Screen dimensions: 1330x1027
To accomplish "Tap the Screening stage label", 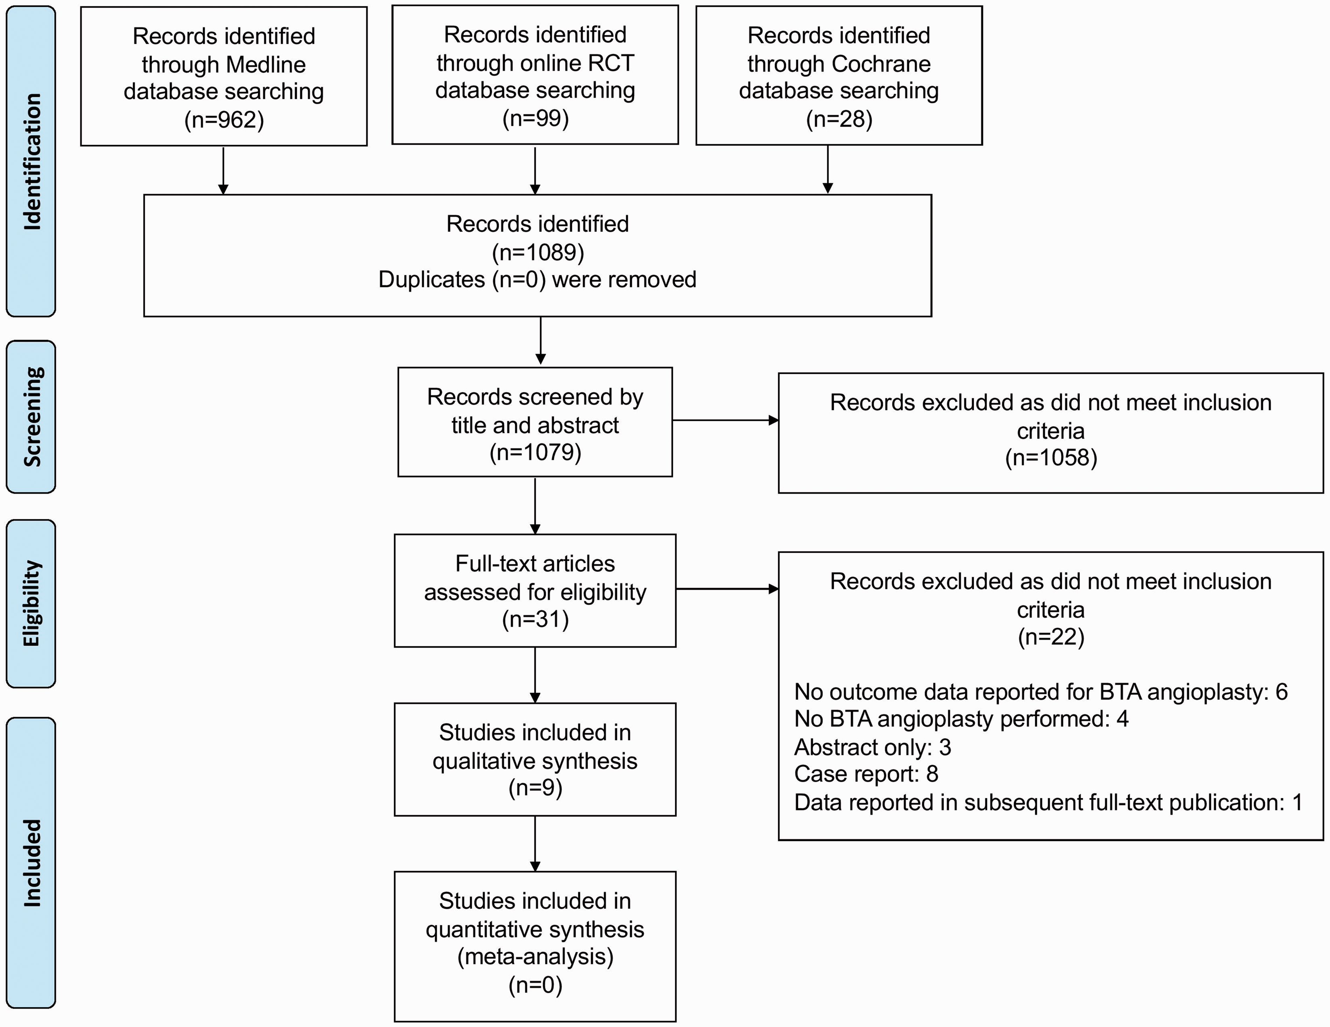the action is [x=31, y=417].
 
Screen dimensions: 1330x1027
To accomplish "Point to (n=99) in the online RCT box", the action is [x=535, y=118].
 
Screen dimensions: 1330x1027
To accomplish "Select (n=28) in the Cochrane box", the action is [x=839, y=119].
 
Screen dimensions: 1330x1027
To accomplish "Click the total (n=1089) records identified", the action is [x=538, y=252].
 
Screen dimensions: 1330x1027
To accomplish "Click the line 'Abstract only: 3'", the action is [x=873, y=747].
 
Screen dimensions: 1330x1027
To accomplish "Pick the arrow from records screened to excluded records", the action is [x=725, y=420].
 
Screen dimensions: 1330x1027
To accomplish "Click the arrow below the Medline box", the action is [x=224, y=170].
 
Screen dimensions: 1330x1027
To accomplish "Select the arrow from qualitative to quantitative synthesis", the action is [x=535, y=844].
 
